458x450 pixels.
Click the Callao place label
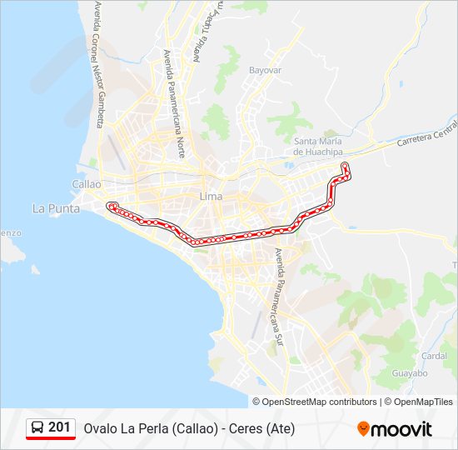pyautogui.click(x=87, y=184)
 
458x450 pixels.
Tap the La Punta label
pyautogui.click(x=56, y=208)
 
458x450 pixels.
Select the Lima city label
pyautogui.click(x=211, y=197)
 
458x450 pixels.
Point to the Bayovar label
pyautogui.click(x=266, y=71)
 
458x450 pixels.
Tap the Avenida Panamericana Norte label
pyautogui.click(x=174, y=104)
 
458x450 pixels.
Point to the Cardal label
pyautogui.click(x=434, y=355)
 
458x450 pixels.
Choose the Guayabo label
pyautogui.click(x=410, y=373)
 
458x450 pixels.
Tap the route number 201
pyautogui.click(x=59, y=427)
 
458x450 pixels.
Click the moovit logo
pyautogui.click(x=395, y=429)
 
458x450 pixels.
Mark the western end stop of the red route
pyautogui.click(x=110, y=205)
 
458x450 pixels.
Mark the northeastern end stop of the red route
pyautogui.click(x=345, y=166)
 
